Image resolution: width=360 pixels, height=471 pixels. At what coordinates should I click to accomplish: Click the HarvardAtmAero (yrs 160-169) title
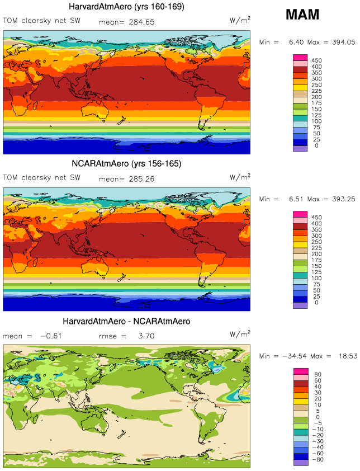pyautogui.click(x=127, y=7)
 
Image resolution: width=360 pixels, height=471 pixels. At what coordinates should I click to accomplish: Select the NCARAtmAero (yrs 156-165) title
pyautogui.click(x=127, y=164)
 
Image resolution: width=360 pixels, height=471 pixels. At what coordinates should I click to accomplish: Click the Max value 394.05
pyautogui.click(x=342, y=42)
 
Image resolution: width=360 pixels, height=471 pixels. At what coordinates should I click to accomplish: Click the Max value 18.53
pyautogui.click(x=345, y=356)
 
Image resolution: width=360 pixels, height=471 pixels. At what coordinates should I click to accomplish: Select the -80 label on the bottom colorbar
pyautogui.click(x=316, y=460)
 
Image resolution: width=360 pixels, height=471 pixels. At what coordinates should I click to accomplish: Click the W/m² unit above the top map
pyautogui.click(x=240, y=21)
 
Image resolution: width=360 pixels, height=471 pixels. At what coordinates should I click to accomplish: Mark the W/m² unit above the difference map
pyautogui.click(x=240, y=335)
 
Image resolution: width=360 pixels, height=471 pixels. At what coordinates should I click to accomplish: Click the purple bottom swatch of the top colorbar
pyautogui.click(x=301, y=148)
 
